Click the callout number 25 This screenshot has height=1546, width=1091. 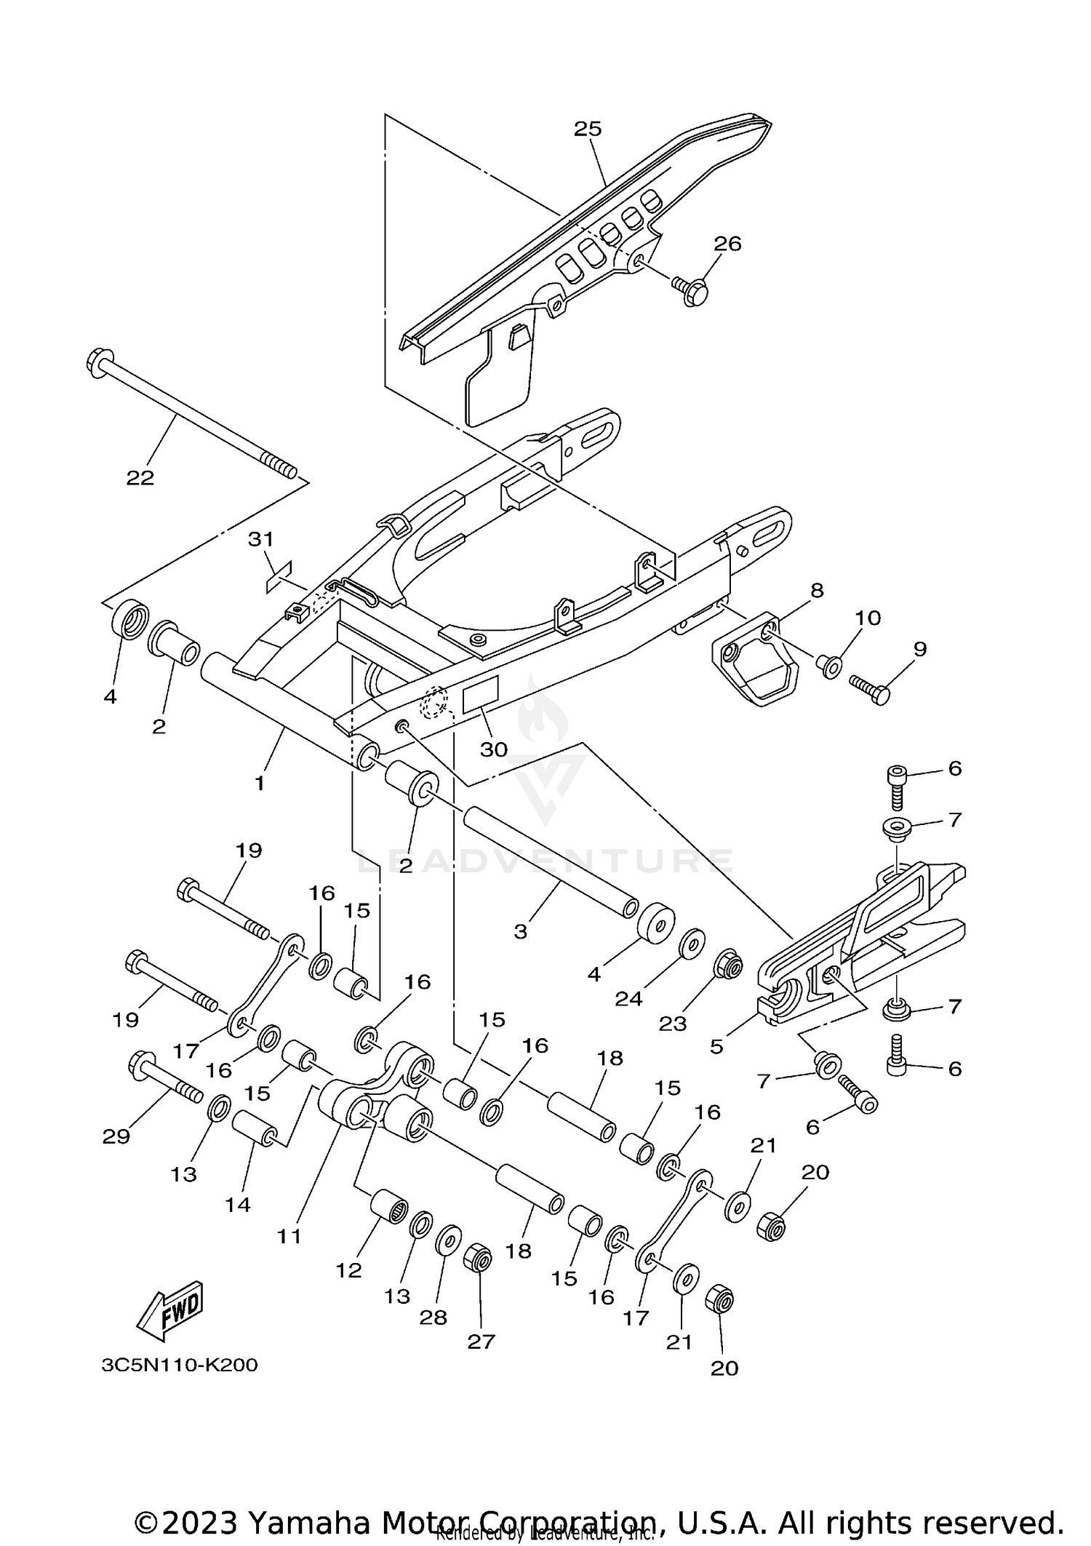coord(588,129)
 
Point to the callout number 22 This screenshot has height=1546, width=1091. coord(140,477)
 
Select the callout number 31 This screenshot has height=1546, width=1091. coord(260,539)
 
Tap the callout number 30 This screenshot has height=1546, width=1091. coord(494,749)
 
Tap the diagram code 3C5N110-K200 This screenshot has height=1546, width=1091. coord(180,1365)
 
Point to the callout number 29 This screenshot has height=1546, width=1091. coord(116,1136)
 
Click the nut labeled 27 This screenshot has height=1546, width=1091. coord(478,1258)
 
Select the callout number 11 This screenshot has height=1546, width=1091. coord(289,1235)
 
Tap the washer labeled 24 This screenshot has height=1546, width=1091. coord(691,944)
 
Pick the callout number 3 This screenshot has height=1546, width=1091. coord(520,932)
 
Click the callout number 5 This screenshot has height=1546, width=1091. coord(716,1046)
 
